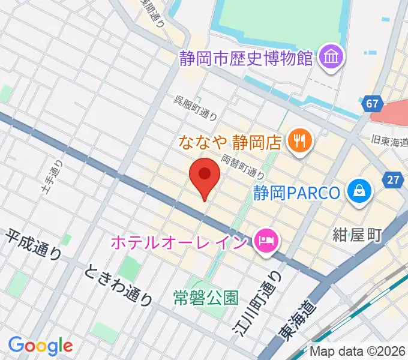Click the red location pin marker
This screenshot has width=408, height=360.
(x=205, y=176)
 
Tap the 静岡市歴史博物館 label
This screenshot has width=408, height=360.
(x=247, y=58)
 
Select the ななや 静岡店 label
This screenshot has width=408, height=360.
(x=230, y=142)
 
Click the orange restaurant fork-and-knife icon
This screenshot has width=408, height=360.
(x=298, y=142)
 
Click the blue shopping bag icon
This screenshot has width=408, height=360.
(x=359, y=192)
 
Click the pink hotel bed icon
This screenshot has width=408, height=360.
(x=263, y=242)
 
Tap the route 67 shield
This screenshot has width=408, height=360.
(x=372, y=104)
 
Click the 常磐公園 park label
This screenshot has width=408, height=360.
(x=206, y=296)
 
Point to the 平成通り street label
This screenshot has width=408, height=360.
(x=34, y=245)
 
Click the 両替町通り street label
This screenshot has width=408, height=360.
(x=243, y=166)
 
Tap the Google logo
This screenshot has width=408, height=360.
(x=40, y=346)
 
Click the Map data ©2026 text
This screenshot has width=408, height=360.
(x=358, y=351)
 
